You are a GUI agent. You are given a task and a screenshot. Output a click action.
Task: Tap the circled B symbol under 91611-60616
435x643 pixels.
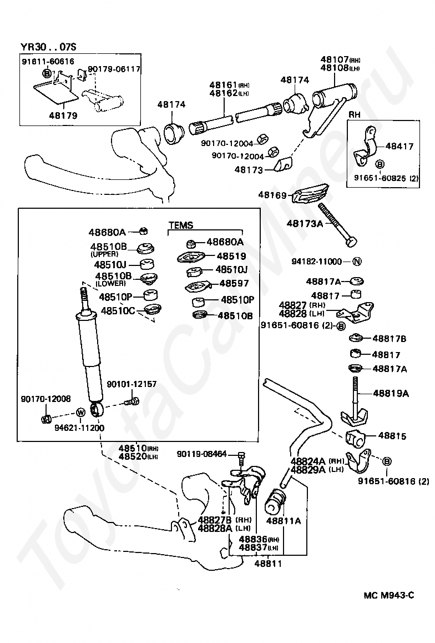[x=47, y=73]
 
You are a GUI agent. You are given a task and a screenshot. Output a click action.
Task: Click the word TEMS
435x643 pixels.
[x=181, y=225]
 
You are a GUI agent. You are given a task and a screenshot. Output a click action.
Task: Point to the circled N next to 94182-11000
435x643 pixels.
[x=357, y=262]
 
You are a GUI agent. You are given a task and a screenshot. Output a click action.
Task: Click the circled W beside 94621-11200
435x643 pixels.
[x=80, y=413]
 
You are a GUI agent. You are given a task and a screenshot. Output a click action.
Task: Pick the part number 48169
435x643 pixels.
[x=272, y=195]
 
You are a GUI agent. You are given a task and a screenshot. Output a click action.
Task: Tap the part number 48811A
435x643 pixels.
[x=283, y=521]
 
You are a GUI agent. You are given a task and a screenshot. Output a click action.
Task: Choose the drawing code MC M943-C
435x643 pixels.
[x=389, y=595]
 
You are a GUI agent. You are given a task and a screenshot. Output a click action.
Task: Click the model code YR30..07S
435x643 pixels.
[x=47, y=46]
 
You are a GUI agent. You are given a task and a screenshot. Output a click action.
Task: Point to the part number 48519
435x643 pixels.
[x=231, y=257]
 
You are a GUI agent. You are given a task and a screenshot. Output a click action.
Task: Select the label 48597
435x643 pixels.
[x=234, y=283]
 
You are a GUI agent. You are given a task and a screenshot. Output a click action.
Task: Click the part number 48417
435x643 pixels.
[x=399, y=147]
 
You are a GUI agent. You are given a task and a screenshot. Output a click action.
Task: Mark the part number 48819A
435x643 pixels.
[x=391, y=394]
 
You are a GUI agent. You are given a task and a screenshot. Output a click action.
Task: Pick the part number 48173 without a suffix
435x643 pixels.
[x=249, y=170]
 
